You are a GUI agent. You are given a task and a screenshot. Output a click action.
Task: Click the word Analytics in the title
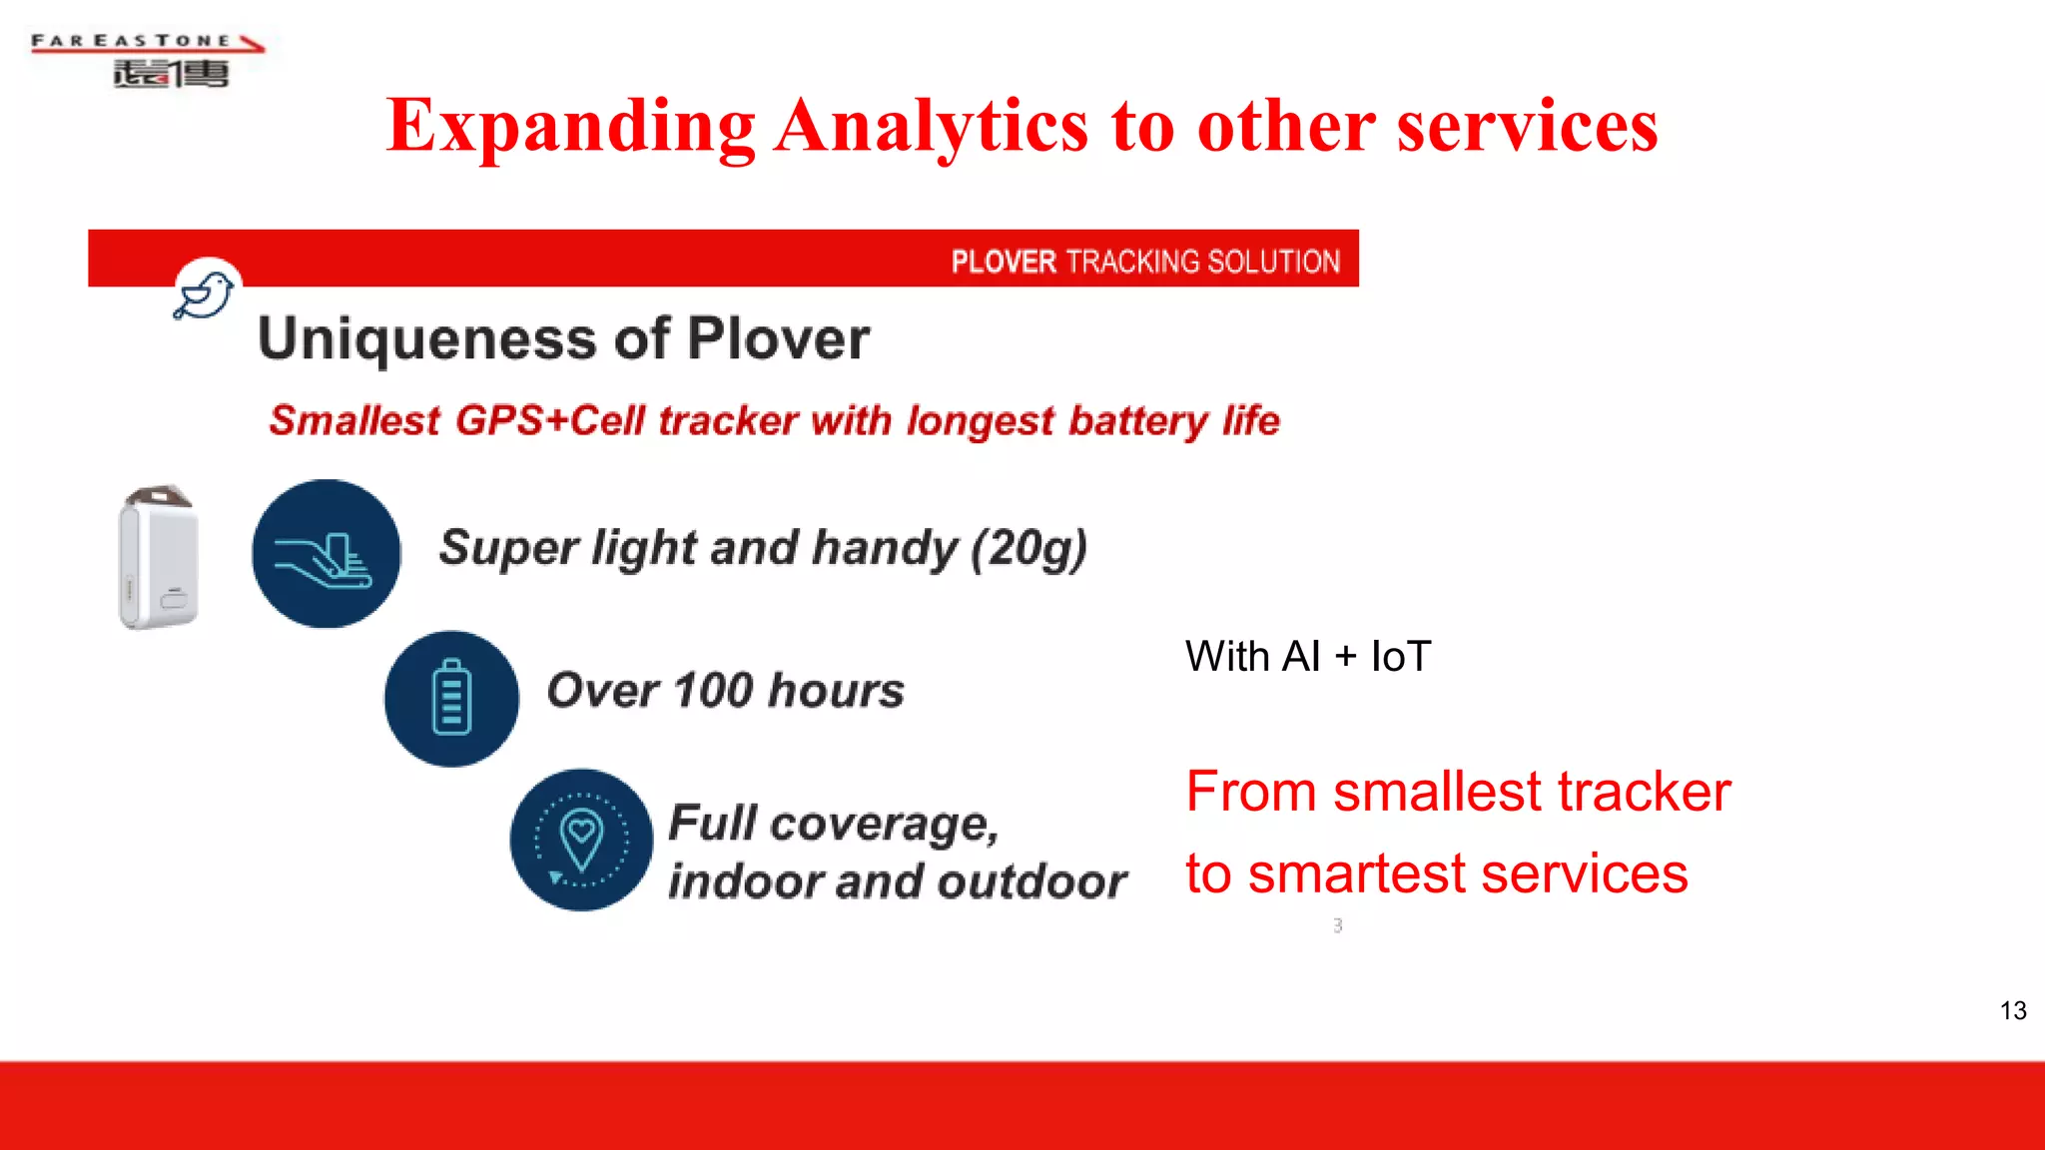pyautogui.click(x=931, y=126)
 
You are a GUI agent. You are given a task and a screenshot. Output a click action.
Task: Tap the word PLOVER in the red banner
pyautogui.click(x=1003, y=262)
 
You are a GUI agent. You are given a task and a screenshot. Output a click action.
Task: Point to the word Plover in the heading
pyautogui.click(x=778, y=339)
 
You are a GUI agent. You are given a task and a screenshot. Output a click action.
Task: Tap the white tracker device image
pyautogui.click(x=158, y=557)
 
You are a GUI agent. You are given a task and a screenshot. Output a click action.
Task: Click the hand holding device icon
pyautogui.click(x=326, y=554)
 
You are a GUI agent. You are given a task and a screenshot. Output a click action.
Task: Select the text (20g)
pyautogui.click(x=1029, y=548)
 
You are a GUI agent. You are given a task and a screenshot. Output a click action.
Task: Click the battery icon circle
pyautogui.click(x=451, y=698)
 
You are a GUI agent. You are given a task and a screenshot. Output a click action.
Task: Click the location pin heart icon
pyautogui.click(x=582, y=840)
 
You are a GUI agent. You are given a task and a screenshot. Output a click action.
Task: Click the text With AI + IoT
pyautogui.click(x=1308, y=657)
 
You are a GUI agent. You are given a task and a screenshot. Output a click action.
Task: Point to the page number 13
pyautogui.click(x=2013, y=1010)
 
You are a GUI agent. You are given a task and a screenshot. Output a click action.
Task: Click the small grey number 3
pyautogui.click(x=1338, y=925)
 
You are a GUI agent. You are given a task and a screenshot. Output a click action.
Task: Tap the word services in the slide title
pyautogui.click(x=1527, y=126)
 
